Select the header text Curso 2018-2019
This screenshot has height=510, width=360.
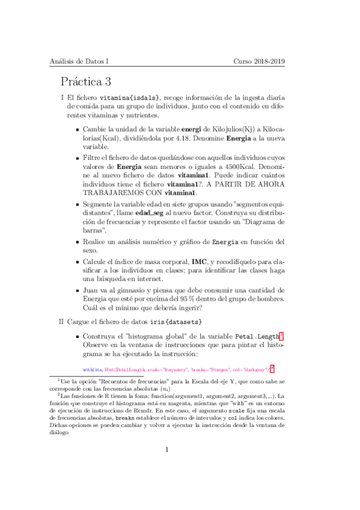[x=259, y=61]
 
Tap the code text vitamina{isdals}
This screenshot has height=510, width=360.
[x=130, y=98]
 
